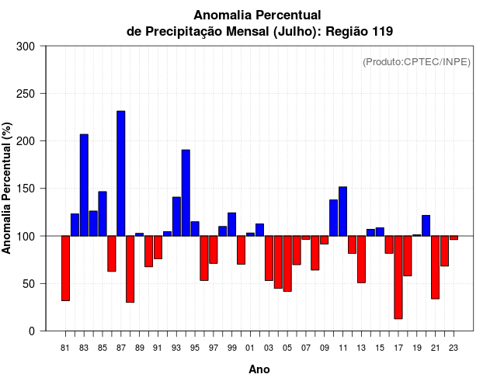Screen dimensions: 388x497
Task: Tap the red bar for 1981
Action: tap(65, 268)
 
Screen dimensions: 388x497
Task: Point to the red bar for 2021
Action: tap(435, 267)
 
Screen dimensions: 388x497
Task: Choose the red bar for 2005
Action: tap(287, 263)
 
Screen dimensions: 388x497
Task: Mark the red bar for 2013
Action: tap(361, 259)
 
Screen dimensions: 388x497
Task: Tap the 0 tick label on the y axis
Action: tap(32, 331)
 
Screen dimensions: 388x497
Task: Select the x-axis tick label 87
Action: tap(121, 348)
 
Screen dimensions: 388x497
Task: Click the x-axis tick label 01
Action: tap(250, 348)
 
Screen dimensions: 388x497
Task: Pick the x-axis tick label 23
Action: tap(454, 348)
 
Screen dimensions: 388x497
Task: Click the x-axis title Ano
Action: tap(259, 370)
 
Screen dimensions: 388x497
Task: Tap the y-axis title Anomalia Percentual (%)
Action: tap(7, 189)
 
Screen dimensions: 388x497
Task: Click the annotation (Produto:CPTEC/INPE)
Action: tap(416, 62)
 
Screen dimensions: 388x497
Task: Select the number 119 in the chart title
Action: tap(381, 32)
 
